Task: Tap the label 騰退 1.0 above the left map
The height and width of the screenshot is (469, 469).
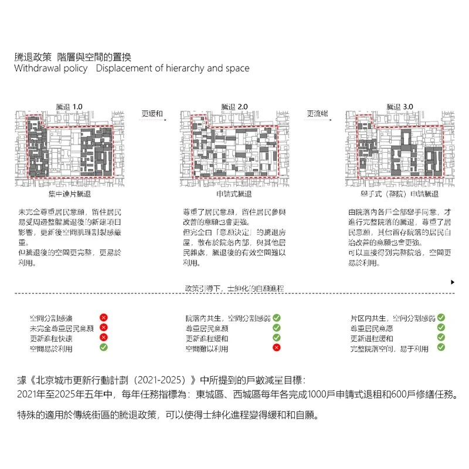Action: [x=70, y=106]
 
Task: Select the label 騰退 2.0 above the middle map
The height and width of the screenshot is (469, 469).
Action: [x=235, y=106]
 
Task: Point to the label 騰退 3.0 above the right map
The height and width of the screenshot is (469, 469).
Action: [x=399, y=106]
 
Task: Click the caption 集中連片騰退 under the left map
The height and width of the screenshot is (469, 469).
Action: [x=70, y=194]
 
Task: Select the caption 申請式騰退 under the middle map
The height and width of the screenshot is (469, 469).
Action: [x=234, y=194]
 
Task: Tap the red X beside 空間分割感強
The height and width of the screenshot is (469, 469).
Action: [x=103, y=318]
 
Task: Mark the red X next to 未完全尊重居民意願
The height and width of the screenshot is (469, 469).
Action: [x=103, y=328]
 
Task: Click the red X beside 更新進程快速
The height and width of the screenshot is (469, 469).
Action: [x=103, y=338]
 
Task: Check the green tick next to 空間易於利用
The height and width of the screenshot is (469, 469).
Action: [x=103, y=347]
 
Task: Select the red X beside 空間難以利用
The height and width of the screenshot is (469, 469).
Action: [x=277, y=348]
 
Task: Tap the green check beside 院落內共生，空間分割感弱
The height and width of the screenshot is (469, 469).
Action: [x=277, y=318]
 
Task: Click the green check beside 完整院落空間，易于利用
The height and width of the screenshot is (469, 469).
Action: [x=441, y=348]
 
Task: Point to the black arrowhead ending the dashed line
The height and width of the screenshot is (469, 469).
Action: [x=453, y=282]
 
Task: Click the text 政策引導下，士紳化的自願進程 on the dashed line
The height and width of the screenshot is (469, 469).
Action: [x=235, y=288]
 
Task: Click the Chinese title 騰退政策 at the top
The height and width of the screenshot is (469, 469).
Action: [x=35, y=57]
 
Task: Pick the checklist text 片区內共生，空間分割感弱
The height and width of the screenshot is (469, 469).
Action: [x=392, y=318]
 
